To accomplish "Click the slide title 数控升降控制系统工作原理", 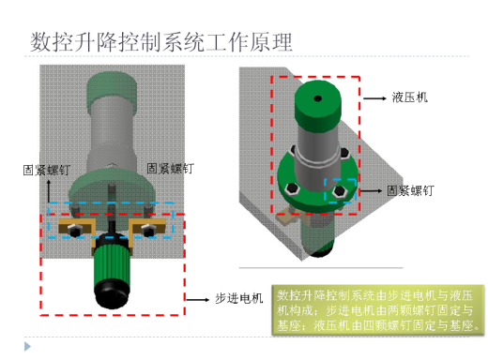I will tap(160, 41).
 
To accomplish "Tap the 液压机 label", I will tap(410, 97).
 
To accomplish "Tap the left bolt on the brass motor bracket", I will tap(71, 229).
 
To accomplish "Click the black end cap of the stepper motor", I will tap(111, 292).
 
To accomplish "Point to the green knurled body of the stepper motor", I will tap(111, 260).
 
